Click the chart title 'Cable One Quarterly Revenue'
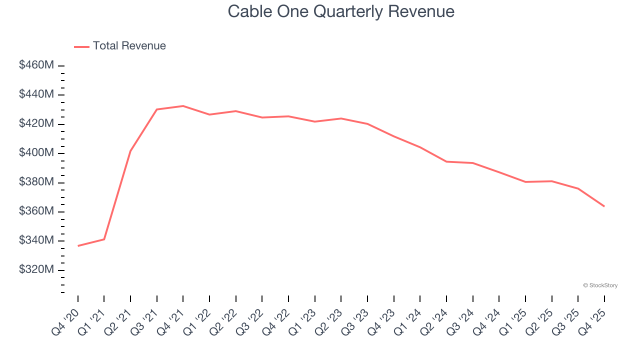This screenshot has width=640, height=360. (x=341, y=11)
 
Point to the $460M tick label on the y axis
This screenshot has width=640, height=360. (x=36, y=65)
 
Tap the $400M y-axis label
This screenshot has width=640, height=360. (x=36, y=153)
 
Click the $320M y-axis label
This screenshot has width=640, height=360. (x=36, y=270)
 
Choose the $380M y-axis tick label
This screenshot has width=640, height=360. (x=36, y=182)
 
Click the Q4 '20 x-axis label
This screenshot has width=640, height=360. (x=65, y=321)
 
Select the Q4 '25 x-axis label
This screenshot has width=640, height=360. (x=592, y=321)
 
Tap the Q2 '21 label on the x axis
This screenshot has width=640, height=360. (x=118, y=321)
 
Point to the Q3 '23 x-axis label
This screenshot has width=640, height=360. (x=355, y=321)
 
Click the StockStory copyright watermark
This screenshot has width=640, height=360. (x=600, y=285)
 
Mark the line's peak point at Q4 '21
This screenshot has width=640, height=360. (x=183, y=106)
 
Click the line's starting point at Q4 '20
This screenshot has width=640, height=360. (x=78, y=246)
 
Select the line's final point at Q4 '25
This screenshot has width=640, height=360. (x=604, y=206)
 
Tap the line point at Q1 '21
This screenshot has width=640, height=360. (x=104, y=239)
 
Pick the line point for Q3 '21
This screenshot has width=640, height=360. (x=156, y=109)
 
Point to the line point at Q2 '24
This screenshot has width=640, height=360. (x=446, y=161)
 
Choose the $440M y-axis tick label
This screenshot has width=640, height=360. (x=36, y=94)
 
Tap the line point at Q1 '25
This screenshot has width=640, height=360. (x=525, y=182)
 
